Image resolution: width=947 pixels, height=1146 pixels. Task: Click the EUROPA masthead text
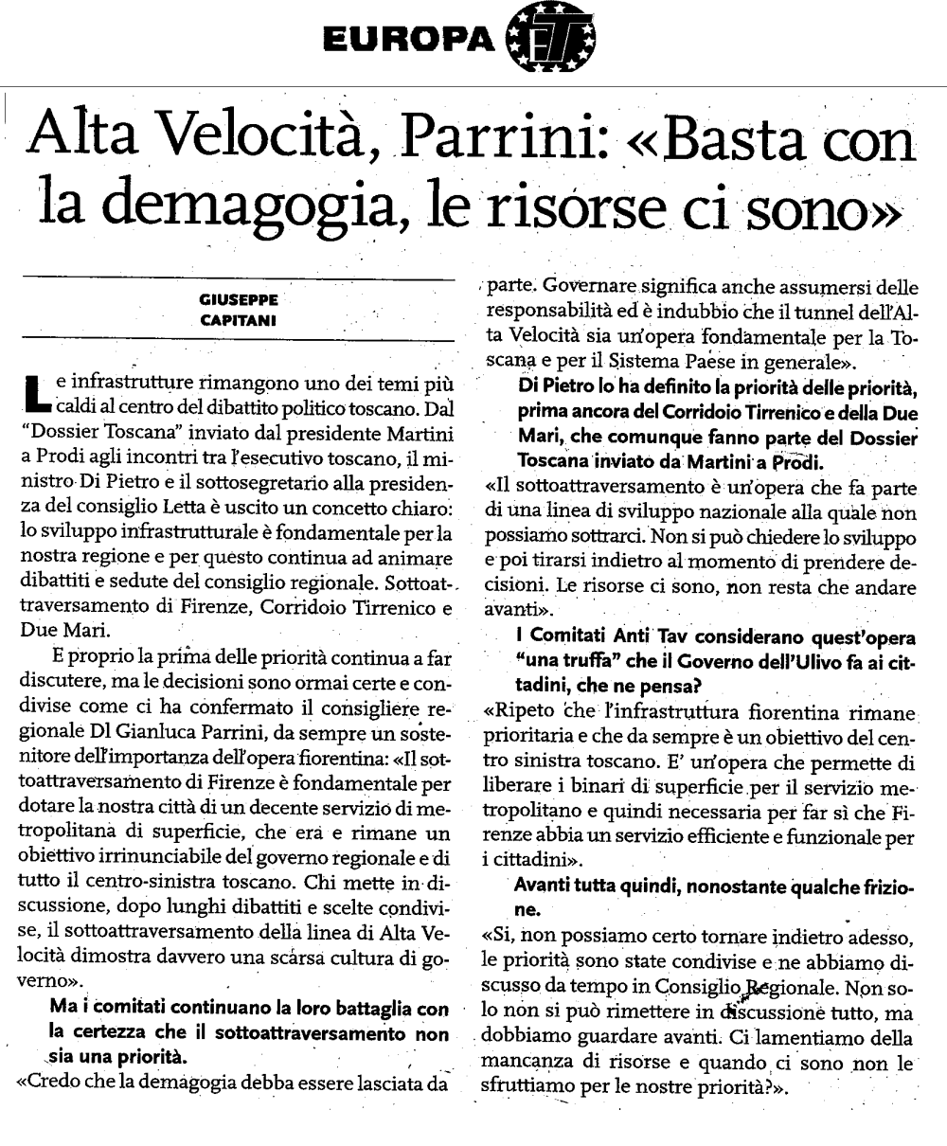[408, 39]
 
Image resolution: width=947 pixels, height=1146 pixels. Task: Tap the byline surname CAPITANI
[239, 320]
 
